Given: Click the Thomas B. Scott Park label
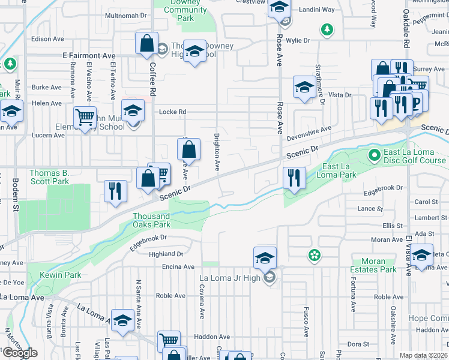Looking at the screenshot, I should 49,177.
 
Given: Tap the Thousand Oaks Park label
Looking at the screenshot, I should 151,220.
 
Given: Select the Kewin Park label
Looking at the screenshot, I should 61,275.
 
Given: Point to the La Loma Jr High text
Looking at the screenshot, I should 229,278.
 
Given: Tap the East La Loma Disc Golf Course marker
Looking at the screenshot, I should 375,155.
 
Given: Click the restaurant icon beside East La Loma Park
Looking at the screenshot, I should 294,178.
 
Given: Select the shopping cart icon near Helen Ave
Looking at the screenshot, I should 85,116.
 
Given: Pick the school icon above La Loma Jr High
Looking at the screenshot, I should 265,257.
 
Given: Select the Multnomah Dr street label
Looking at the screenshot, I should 126,15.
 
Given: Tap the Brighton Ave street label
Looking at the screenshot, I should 216,151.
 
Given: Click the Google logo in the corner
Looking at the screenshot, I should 20,353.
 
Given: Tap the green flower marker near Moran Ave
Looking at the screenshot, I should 313,256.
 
